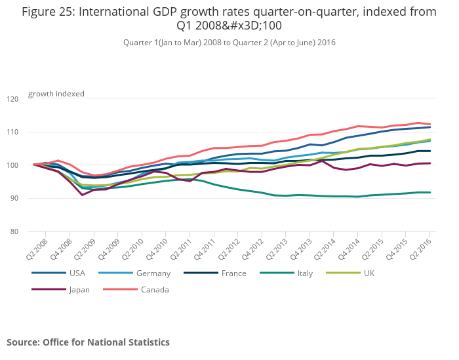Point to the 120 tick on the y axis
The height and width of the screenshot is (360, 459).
[x=12, y=99]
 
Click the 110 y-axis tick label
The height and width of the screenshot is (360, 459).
[x=12, y=132]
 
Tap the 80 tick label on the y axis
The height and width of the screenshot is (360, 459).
[x=14, y=231]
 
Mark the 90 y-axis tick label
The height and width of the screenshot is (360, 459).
[x=14, y=198]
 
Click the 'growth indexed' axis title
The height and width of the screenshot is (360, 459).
[x=56, y=94]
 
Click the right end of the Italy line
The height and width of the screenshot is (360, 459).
[x=430, y=192]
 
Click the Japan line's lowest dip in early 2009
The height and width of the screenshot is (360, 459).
[x=82, y=195]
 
